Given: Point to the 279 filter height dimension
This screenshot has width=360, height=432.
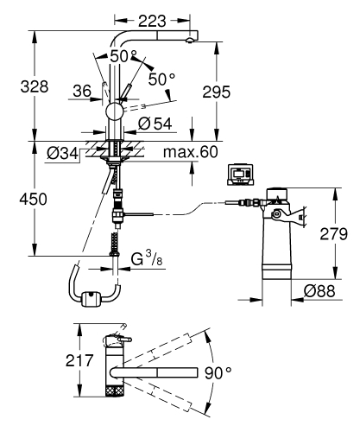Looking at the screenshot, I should tap(332, 234).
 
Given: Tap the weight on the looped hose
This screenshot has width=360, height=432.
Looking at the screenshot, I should tap(86, 301).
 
